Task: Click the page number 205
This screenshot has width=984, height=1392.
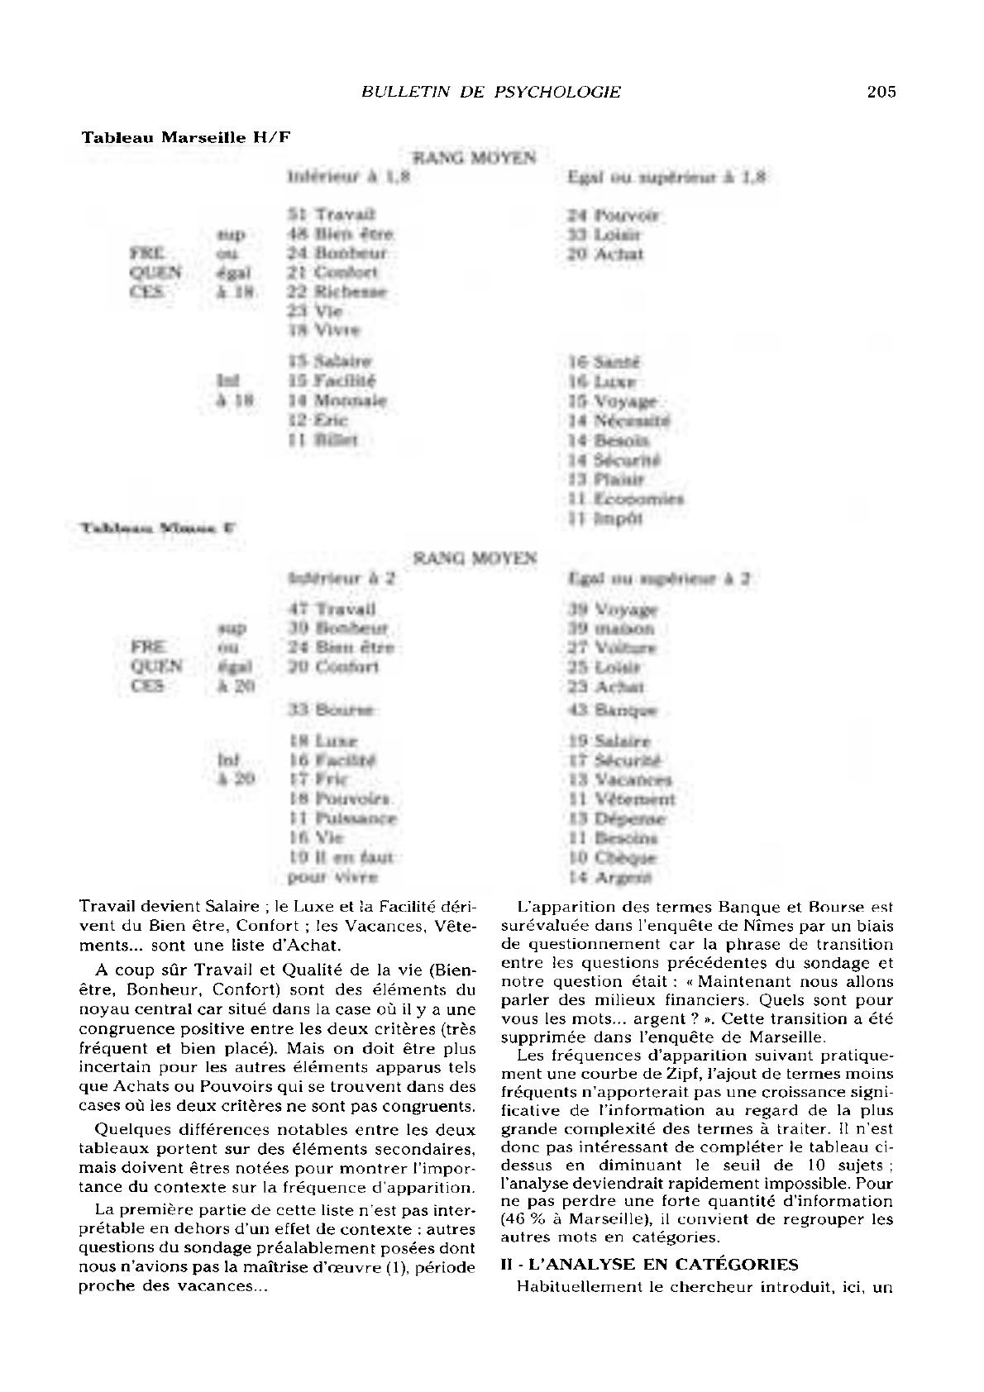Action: [881, 92]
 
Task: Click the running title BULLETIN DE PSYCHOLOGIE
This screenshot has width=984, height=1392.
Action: [491, 92]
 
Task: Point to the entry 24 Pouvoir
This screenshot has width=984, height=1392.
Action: [613, 216]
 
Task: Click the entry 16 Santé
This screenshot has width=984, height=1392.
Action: [604, 362]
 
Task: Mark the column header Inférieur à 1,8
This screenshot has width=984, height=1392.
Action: [348, 177]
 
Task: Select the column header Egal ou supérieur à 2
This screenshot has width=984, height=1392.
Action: [658, 579]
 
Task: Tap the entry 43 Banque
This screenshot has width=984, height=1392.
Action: [612, 710]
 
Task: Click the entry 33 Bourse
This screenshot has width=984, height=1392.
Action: [331, 709]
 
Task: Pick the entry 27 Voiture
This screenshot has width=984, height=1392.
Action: [612, 648]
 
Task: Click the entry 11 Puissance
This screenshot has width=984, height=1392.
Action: [343, 818]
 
